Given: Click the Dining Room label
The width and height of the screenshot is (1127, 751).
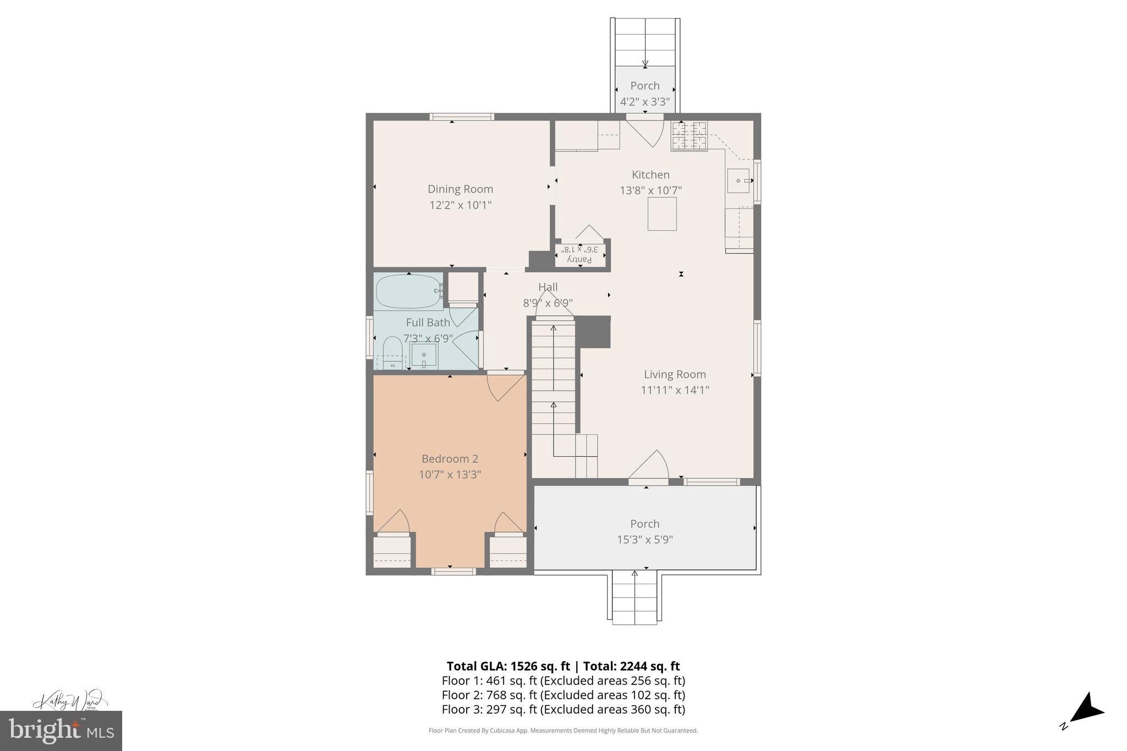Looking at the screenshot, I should (x=460, y=189).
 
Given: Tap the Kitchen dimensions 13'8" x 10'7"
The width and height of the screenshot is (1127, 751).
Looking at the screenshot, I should (x=650, y=191).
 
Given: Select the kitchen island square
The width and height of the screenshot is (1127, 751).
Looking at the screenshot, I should (x=661, y=214).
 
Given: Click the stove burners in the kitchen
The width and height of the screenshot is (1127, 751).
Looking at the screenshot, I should (x=688, y=136).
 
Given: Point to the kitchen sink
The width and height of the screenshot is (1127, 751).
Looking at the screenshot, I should (x=738, y=180).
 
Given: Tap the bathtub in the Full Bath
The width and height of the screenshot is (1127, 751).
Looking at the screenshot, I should (x=408, y=292).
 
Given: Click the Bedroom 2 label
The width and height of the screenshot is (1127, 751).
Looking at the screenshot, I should (x=450, y=459).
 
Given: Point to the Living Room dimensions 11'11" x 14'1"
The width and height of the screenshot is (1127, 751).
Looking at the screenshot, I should (x=675, y=390).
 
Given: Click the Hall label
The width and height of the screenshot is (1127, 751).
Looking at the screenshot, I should (x=548, y=287).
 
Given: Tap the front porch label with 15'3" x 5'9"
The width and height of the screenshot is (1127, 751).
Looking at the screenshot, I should (x=644, y=531).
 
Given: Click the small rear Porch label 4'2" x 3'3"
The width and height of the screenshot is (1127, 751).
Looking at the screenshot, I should (x=644, y=94).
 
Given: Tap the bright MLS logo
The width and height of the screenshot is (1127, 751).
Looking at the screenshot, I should (x=61, y=731).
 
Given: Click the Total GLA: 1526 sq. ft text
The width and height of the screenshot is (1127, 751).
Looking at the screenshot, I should (x=507, y=666).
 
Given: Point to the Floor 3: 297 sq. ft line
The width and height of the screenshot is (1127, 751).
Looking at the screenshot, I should (x=563, y=710).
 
